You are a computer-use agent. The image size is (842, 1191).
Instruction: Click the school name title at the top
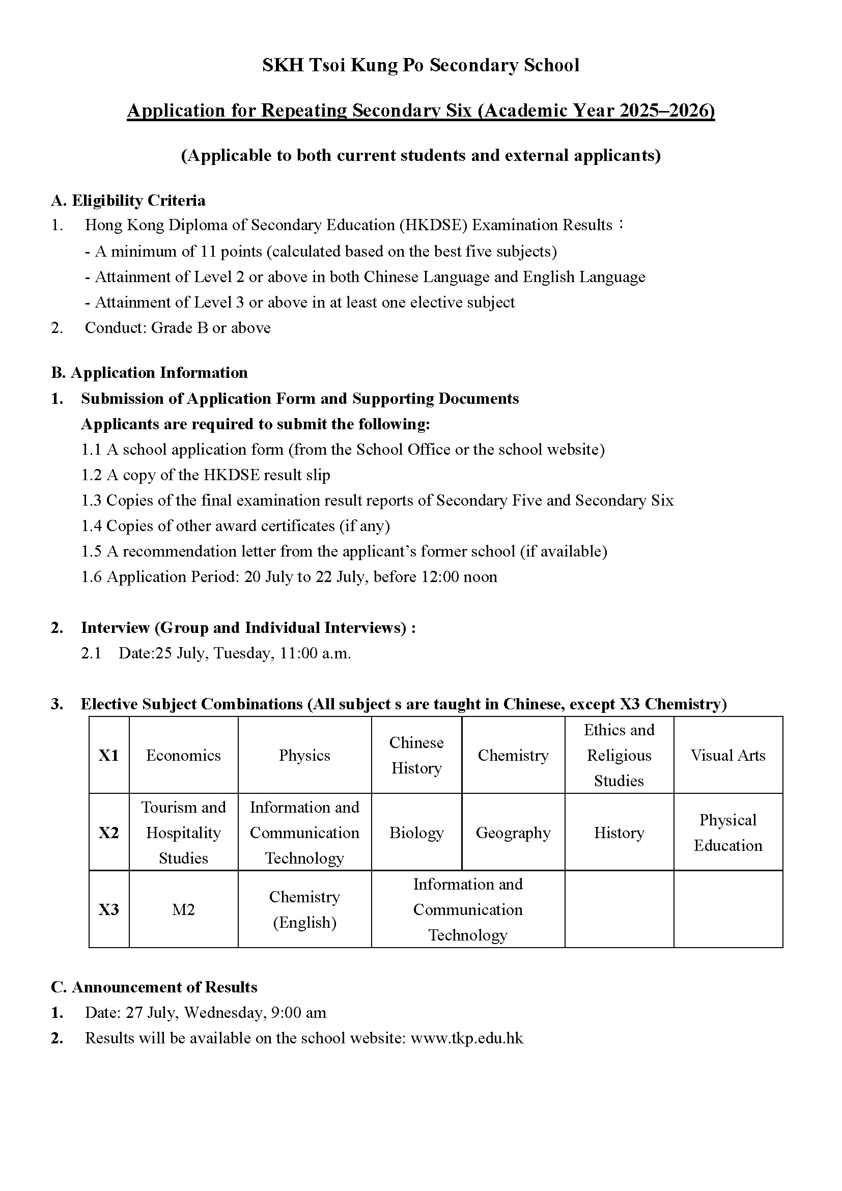pos(420,65)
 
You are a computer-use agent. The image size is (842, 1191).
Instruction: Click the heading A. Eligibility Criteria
pos(128,200)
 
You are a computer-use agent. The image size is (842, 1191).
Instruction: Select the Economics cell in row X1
pos(183,755)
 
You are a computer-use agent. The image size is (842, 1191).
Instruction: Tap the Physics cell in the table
pos(304,755)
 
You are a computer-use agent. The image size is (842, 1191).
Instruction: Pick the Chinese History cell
pos(416,755)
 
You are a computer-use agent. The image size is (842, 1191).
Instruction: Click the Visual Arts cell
pos(727,755)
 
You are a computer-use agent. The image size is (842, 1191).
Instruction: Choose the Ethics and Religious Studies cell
pos(619,755)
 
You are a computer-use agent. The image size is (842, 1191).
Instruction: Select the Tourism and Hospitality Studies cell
pos(183,833)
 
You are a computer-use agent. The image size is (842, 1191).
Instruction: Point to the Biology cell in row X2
pos(416,833)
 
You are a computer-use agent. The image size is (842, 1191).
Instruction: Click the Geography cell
pos(513,833)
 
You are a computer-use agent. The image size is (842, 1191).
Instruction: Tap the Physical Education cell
pos(727,833)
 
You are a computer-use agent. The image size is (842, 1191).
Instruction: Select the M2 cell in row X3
pos(183,909)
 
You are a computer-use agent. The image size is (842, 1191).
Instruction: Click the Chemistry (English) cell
pos(304,909)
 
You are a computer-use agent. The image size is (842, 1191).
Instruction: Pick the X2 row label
pos(109,833)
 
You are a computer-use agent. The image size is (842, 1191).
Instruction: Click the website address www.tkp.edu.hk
pos(467,1038)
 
